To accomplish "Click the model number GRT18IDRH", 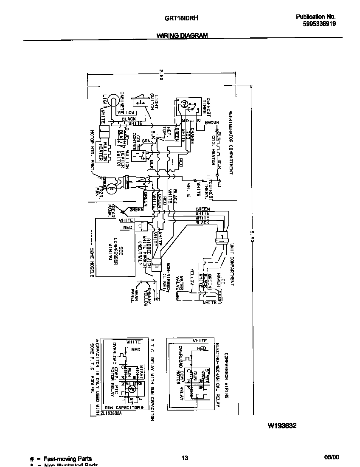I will click(182, 18).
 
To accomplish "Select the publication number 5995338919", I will click(317, 24).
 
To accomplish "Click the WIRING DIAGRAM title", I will click(182, 36).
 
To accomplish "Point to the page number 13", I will click(185, 458).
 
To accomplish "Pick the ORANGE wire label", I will click(192, 135).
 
